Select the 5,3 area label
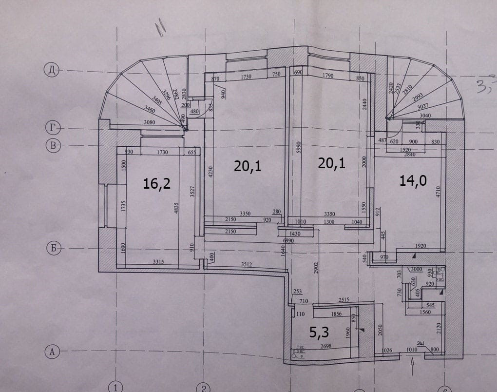320,333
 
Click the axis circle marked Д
51,71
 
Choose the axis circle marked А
51,351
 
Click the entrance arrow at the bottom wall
413,362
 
